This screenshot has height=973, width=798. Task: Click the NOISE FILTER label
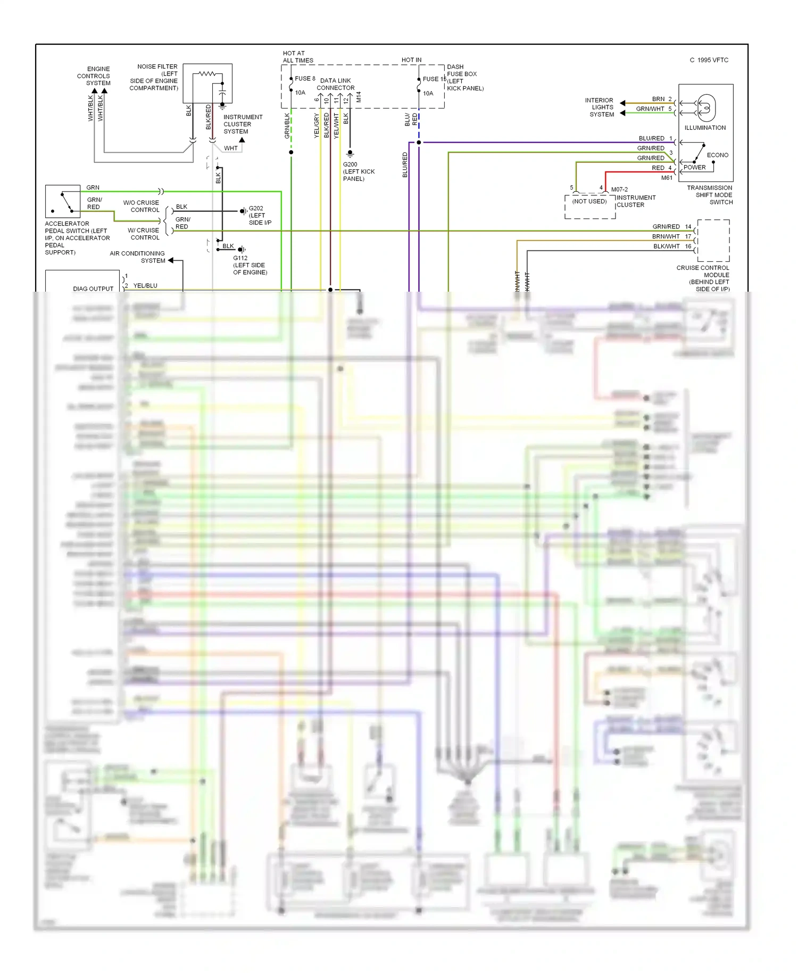[x=157, y=67]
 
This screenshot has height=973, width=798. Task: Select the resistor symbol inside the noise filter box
[x=207, y=73]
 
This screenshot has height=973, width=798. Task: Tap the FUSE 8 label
[x=305, y=79]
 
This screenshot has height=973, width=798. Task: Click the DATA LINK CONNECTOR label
[x=335, y=84]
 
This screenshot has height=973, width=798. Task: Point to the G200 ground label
[x=350, y=164]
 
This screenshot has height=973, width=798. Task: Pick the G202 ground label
[x=256, y=209]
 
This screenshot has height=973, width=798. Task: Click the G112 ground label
[x=240, y=258]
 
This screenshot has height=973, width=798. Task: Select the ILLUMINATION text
[x=705, y=128]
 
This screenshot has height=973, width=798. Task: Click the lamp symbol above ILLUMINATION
[x=706, y=108]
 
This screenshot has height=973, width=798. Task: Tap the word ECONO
[x=717, y=155]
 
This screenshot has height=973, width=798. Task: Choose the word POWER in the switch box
[x=694, y=167]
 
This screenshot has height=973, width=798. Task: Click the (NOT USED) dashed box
[x=589, y=206]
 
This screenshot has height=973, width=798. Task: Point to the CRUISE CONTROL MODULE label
[x=703, y=271]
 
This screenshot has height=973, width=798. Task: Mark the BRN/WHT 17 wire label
[x=671, y=236]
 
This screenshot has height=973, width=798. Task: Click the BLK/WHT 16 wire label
[x=672, y=246]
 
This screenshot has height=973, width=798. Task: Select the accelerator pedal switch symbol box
[x=63, y=202]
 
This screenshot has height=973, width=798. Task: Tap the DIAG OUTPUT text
[x=93, y=288]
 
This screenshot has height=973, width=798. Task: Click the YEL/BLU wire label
[x=145, y=286]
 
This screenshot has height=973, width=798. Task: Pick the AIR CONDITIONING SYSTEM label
[x=137, y=257]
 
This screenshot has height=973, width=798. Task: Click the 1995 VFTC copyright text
[x=709, y=60]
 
